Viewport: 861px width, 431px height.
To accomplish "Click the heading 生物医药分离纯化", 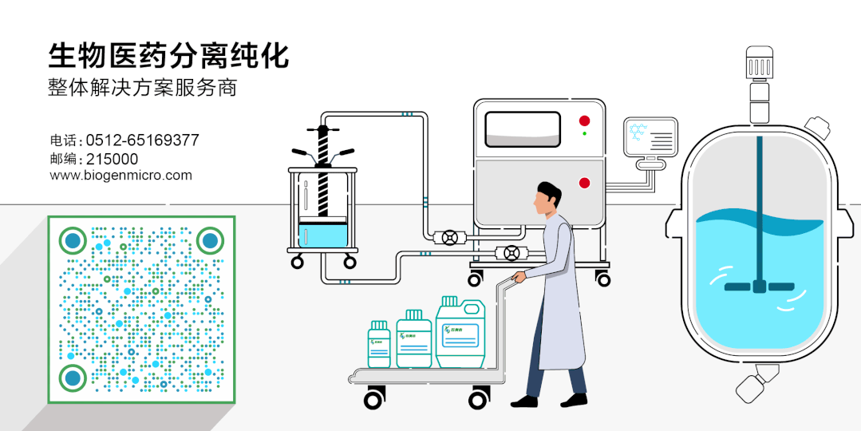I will [x=168, y=56].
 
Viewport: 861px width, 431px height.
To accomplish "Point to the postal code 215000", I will [x=112, y=158].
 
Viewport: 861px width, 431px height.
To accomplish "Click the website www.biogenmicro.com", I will [x=121, y=176].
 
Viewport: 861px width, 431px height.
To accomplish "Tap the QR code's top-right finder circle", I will [x=210, y=239].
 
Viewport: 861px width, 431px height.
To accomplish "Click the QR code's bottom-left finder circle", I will [x=73, y=378].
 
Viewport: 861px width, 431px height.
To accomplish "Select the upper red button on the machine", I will [x=584, y=121].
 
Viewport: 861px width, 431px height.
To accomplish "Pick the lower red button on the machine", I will [x=584, y=182].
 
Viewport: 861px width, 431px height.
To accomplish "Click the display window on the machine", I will [x=523, y=129].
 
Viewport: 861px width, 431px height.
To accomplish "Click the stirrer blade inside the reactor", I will [x=759, y=286].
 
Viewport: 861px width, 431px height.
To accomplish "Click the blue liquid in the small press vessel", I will [x=323, y=235].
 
